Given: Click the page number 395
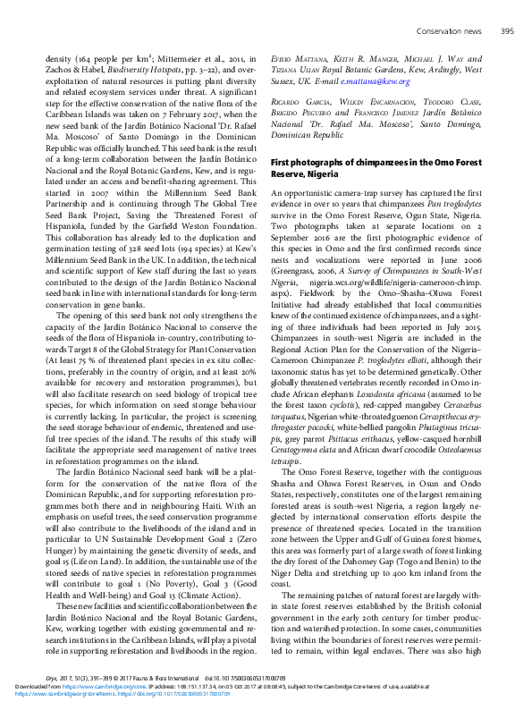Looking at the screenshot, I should [x=507, y=31].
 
